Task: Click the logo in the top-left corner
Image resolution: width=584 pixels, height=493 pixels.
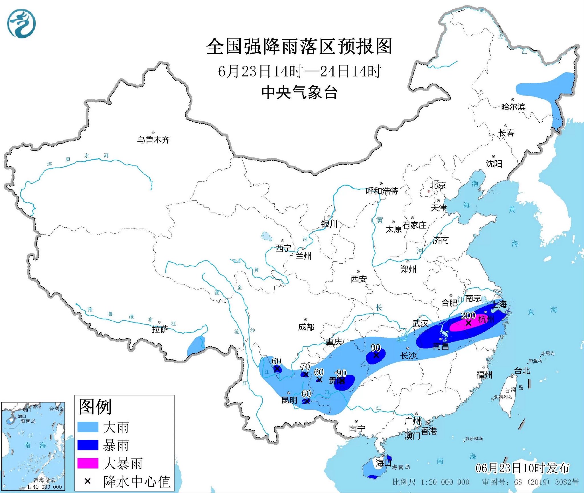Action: (x=21, y=24)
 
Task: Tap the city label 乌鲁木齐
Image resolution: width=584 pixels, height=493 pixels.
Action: (x=153, y=140)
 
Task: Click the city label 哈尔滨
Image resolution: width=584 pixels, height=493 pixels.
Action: (x=513, y=106)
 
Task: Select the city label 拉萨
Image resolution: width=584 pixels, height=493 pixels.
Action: (x=160, y=329)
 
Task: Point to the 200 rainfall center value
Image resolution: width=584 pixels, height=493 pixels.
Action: (x=468, y=315)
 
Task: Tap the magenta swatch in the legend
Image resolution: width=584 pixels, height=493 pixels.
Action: (x=88, y=463)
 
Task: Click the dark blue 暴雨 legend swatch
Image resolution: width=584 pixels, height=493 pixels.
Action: (x=88, y=445)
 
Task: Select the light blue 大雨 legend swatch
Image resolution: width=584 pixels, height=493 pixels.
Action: (x=88, y=427)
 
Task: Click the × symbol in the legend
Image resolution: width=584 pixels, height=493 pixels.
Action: (x=88, y=481)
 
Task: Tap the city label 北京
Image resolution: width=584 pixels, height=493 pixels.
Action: (x=438, y=185)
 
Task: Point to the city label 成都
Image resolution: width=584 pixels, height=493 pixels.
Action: (x=306, y=327)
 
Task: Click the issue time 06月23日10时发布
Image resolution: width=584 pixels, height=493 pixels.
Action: (x=522, y=468)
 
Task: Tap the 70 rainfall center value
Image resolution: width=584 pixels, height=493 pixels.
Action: (x=305, y=367)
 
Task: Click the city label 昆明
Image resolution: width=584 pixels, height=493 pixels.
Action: (x=289, y=400)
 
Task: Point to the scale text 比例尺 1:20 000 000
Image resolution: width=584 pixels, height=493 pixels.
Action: (x=431, y=482)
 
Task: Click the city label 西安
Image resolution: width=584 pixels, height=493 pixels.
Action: (x=358, y=279)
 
